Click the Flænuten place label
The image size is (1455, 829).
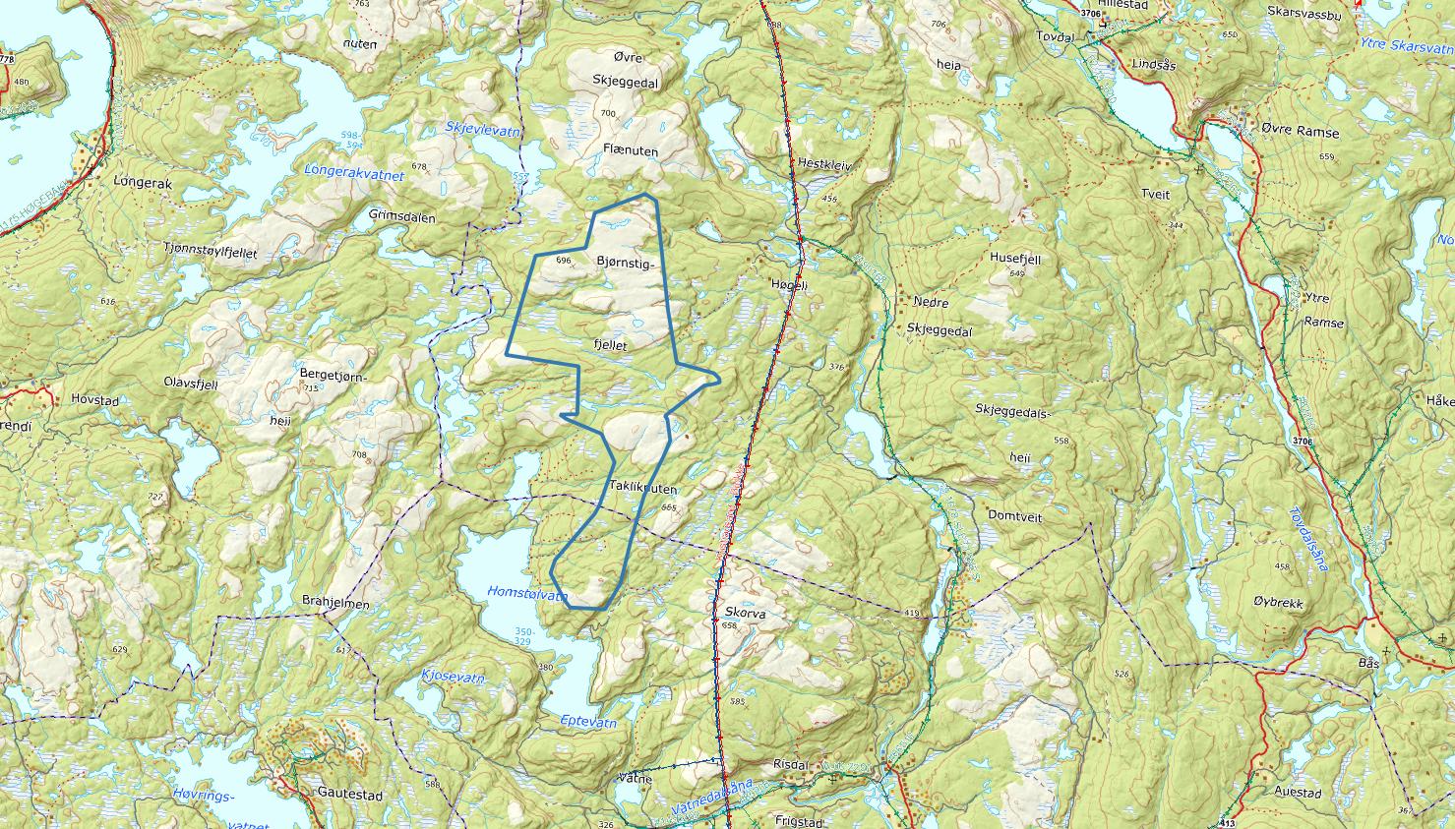point(631,151)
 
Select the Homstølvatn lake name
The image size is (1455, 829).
point(528,594)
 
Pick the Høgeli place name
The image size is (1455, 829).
point(788,283)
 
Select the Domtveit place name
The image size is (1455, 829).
point(1008,516)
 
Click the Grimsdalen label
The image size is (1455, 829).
point(401,217)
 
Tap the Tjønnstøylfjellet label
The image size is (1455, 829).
point(211,253)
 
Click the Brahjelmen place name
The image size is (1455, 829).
point(335,605)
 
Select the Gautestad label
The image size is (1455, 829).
point(349,792)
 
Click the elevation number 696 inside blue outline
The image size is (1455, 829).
point(564,261)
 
